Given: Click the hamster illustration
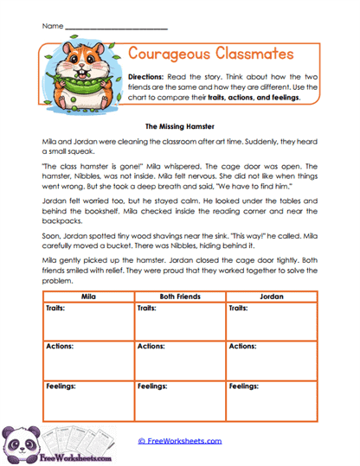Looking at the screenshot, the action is coord(80,73).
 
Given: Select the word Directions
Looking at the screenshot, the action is coord(146,76).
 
